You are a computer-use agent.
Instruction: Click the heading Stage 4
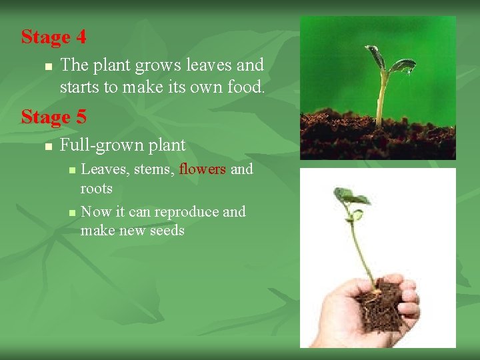point(53,37)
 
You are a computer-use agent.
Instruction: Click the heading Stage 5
point(53,117)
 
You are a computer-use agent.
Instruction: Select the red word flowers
point(203,169)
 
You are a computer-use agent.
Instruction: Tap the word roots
point(96,189)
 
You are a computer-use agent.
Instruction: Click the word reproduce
point(186,212)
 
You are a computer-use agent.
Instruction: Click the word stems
point(154,170)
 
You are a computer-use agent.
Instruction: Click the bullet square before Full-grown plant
point(47,146)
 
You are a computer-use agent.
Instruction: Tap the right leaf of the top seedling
point(403,65)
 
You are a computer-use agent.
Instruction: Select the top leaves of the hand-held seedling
point(350,197)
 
